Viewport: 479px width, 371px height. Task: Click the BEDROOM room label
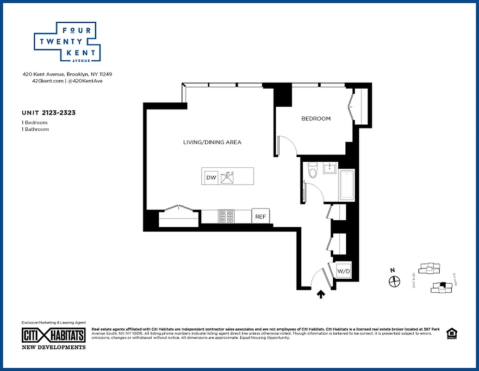click(x=316, y=119)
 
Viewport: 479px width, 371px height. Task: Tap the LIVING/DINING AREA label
click(x=212, y=142)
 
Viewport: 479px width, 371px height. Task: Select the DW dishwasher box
click(x=211, y=178)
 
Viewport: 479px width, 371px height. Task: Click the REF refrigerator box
click(x=260, y=217)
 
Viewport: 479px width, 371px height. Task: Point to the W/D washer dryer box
click(x=343, y=271)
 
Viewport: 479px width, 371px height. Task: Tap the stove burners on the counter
click(x=226, y=217)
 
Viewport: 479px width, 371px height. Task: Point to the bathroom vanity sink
click(x=330, y=167)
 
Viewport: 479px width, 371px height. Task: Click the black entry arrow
click(x=320, y=294)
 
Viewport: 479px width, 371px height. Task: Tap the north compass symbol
click(x=394, y=281)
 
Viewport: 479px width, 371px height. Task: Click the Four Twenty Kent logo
click(x=68, y=42)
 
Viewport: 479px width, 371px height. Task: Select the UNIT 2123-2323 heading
click(x=49, y=113)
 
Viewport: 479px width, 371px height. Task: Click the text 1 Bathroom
click(x=35, y=129)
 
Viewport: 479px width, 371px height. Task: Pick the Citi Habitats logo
click(x=54, y=335)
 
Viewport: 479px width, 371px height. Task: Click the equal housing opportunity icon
click(x=450, y=334)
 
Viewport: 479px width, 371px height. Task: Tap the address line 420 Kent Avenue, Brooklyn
click(x=68, y=74)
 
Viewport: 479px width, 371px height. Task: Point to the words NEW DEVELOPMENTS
click(x=54, y=347)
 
